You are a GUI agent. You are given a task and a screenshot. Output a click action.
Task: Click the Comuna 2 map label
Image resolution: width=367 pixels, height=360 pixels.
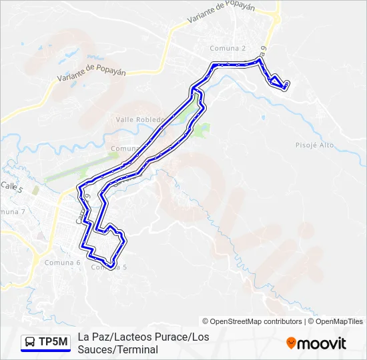tap(228, 48)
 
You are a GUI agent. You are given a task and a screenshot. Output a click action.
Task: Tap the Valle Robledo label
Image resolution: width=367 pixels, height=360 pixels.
tap(139, 119)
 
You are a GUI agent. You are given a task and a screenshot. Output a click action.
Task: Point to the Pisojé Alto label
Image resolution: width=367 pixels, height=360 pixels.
tap(314, 145)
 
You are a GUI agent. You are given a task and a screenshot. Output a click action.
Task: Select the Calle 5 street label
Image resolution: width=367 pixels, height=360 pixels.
tap(11, 187)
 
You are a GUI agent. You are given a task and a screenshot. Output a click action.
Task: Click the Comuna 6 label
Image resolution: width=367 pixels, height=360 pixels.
tap(62, 262)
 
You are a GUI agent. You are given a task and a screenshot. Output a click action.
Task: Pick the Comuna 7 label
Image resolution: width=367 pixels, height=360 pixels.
tap(13, 211)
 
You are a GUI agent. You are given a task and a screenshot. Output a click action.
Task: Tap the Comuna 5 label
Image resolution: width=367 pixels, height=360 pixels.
tap(109, 267)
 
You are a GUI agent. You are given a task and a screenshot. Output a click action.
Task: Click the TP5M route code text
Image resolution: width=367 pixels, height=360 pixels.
tap(53, 343)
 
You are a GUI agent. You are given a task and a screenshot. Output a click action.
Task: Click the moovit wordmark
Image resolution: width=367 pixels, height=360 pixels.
tap(322, 343)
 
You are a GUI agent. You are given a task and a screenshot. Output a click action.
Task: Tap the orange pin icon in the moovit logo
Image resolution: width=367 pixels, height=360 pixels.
tap(291, 343)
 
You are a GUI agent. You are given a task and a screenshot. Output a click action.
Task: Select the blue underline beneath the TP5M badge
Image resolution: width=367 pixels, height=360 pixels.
tap(45, 351)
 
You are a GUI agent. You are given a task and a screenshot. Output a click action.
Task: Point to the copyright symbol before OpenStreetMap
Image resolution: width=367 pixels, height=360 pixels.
tap(206, 321)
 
